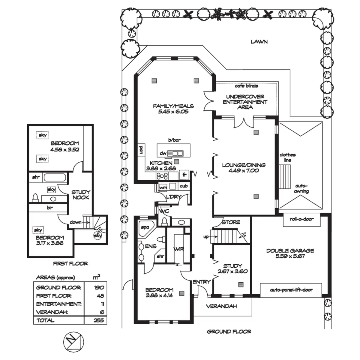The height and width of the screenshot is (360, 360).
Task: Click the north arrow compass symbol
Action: pos(73,342)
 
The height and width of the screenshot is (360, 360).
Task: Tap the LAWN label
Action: pos(259,42)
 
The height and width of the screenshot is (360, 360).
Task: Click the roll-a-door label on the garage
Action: pos(301,219)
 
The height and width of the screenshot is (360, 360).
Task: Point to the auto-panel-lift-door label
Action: pos(291,290)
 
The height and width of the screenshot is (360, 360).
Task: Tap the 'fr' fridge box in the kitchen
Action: pos(184,175)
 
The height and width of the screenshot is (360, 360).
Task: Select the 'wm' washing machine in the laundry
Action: pos(163,187)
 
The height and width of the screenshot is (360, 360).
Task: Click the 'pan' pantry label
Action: pos(140,150)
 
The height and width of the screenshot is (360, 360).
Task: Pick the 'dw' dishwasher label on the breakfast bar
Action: pos(163,153)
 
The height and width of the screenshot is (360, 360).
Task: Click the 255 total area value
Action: pos(98,320)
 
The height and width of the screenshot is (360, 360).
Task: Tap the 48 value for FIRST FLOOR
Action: pos(100,296)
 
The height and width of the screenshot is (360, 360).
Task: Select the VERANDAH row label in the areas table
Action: pos(52,312)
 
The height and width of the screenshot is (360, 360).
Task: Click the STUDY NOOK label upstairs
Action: pos(80,195)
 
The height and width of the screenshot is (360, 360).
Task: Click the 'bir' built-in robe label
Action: pos(50,207)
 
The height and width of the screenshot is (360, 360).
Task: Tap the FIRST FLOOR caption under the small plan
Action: pos(70,264)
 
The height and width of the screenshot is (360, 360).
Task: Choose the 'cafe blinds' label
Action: pos(246,86)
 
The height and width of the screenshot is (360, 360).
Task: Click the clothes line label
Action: pos(287,157)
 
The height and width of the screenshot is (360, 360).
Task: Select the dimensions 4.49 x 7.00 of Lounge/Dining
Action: pos(244,170)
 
